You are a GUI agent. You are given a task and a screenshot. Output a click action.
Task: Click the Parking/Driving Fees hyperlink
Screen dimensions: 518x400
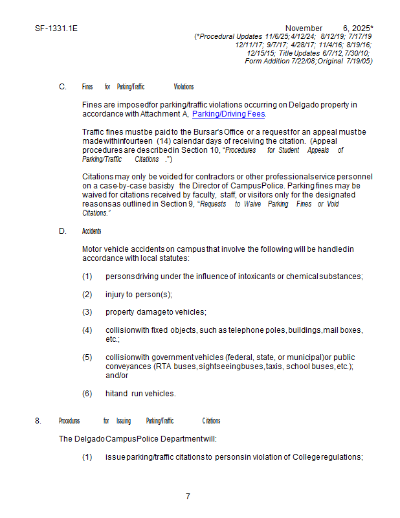228,115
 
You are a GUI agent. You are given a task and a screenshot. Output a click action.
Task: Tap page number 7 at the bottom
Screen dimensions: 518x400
188,497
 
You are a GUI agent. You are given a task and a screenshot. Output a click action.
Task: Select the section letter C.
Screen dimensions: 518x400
62,87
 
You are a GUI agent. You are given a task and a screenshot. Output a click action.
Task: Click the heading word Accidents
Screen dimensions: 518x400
91,231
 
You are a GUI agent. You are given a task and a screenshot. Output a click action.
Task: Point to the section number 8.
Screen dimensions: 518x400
38,421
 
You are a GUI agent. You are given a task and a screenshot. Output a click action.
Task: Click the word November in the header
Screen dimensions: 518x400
304,28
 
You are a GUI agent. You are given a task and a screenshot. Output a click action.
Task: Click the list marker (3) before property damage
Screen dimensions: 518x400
87,312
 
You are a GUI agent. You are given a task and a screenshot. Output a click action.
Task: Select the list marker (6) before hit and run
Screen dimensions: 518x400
87,393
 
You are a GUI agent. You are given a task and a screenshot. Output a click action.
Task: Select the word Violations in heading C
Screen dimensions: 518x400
184,87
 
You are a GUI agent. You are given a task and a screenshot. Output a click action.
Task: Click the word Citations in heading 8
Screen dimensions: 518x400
211,421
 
